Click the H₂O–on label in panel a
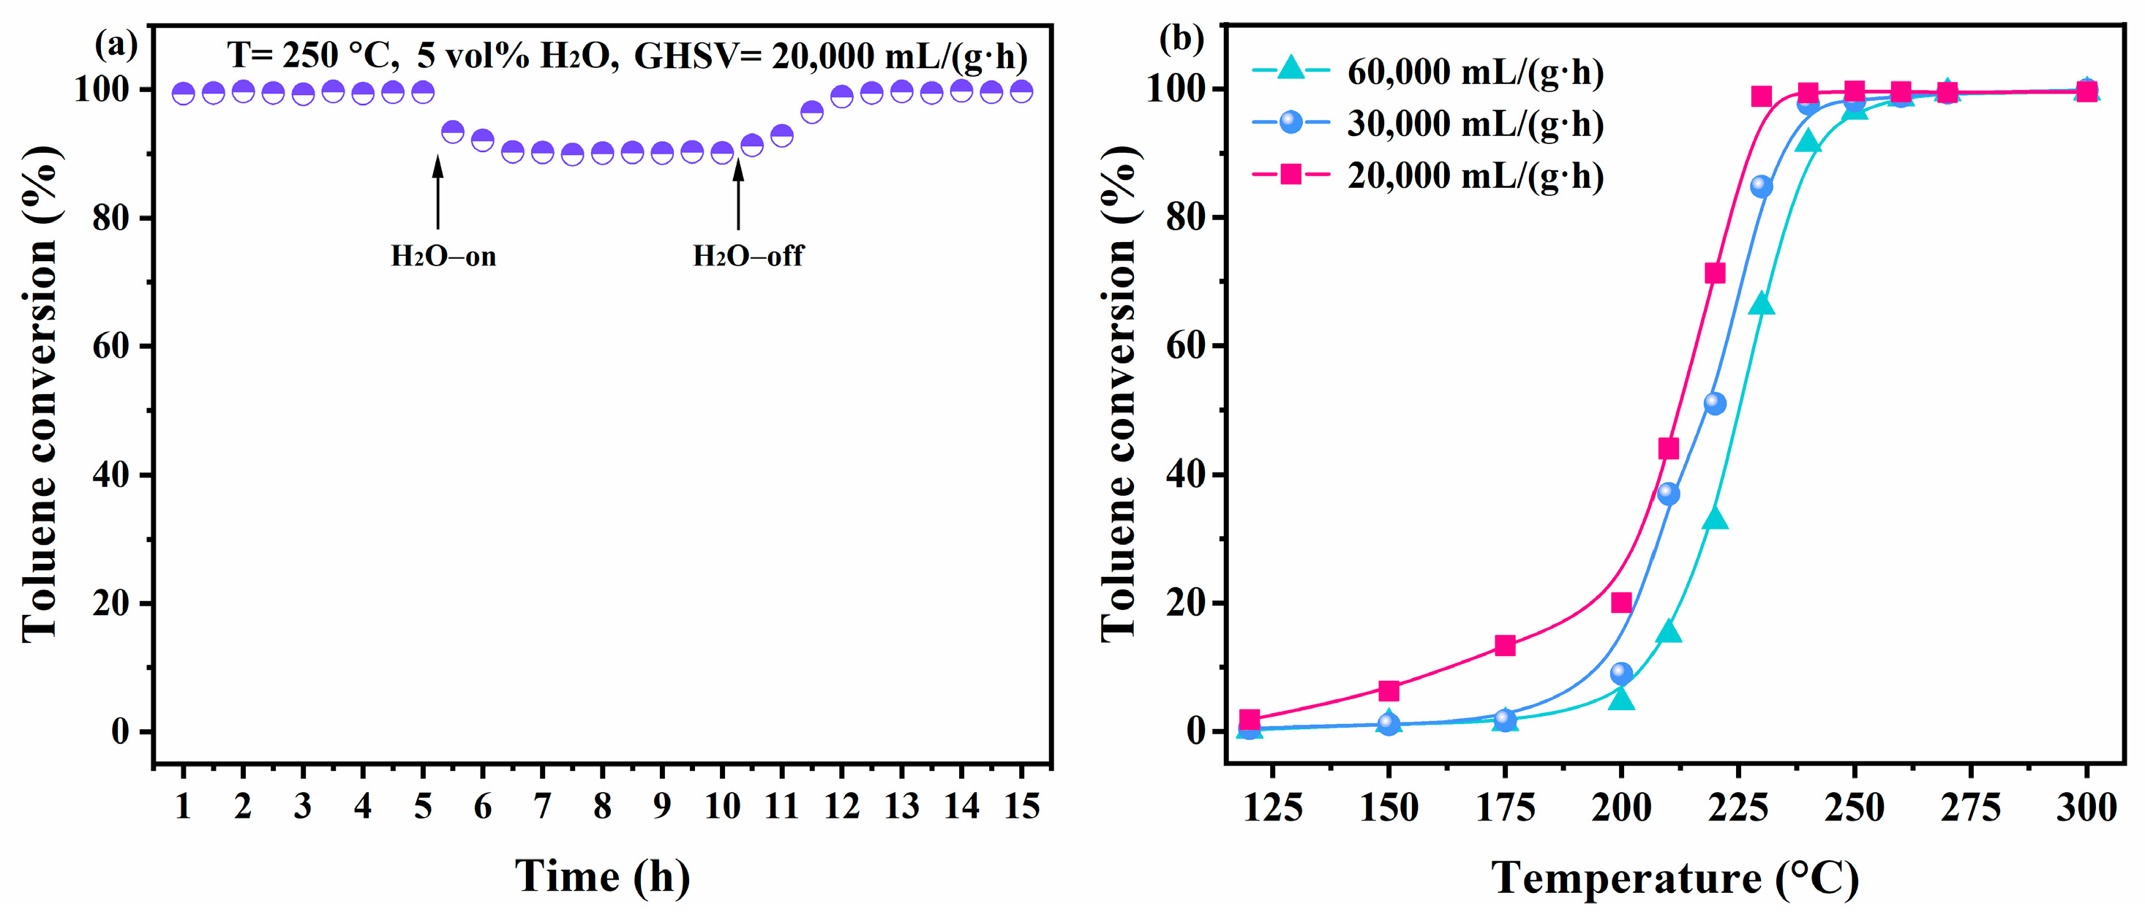point(443,256)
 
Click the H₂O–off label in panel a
point(748,256)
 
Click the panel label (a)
point(116,42)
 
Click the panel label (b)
point(1181,39)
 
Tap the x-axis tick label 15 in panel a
point(1022,806)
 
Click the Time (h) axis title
point(602,876)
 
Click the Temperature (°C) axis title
point(1675,878)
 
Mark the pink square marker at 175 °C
point(1505,645)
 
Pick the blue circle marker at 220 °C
point(1715,404)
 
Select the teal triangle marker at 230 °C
point(1761,305)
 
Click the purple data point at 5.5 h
point(452,132)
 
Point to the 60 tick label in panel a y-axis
point(110,347)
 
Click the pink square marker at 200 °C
point(1621,603)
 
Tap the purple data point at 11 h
point(782,135)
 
